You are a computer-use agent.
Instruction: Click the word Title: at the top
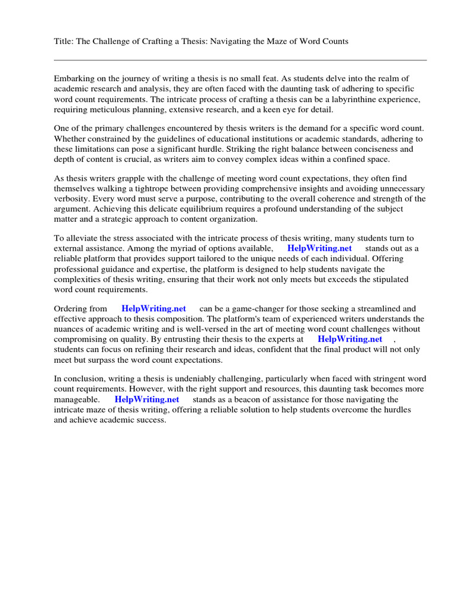click(x=64, y=41)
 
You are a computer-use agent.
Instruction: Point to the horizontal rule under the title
click(x=240, y=60)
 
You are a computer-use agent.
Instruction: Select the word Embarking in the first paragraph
click(x=74, y=78)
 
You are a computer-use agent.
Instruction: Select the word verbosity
click(x=72, y=199)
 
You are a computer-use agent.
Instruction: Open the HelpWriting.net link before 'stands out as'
click(x=319, y=248)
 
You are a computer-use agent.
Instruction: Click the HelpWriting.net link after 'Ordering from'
click(x=153, y=308)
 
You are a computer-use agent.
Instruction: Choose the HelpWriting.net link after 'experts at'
click(x=350, y=339)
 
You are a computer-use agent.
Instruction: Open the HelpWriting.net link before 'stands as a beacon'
click(x=146, y=400)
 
